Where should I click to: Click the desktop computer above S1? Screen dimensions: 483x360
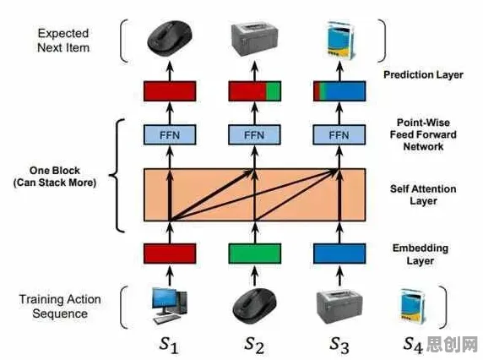170,306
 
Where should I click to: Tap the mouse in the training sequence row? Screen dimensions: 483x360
254,304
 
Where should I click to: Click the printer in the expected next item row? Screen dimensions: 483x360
255,39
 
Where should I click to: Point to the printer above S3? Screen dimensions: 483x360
339,307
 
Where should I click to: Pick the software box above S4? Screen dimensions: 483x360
412,306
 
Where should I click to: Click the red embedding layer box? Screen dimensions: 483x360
170,254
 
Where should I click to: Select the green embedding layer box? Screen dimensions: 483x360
255,254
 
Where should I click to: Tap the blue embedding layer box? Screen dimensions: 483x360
339,254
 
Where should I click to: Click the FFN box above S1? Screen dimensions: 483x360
170,134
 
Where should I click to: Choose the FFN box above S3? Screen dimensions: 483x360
339,134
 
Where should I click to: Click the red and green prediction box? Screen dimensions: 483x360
255,91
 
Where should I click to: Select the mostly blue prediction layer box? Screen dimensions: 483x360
339,91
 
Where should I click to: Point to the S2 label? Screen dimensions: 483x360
254,345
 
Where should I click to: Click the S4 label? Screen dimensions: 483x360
413,345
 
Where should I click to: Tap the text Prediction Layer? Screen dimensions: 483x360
423,74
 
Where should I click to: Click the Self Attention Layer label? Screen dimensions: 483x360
423,195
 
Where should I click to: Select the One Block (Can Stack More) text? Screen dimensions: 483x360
55,177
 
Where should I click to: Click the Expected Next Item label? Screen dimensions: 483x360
63,41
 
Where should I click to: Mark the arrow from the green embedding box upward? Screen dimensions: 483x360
255,232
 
